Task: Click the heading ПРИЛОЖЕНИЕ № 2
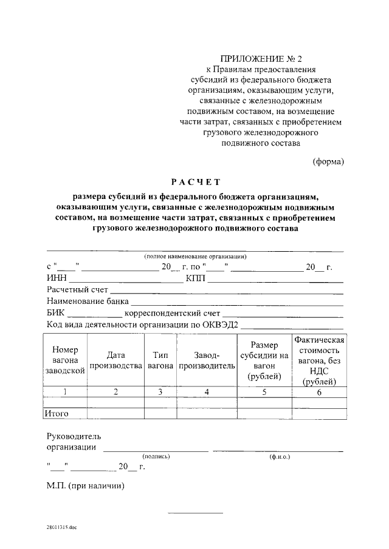(x=261, y=59)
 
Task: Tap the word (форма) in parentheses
(x=329, y=161)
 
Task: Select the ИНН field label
(x=57, y=278)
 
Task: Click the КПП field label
(x=196, y=278)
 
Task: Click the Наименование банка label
(x=88, y=301)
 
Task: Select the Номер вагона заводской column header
(x=65, y=360)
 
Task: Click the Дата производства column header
(x=115, y=360)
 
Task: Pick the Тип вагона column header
(x=160, y=360)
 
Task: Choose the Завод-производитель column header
(x=207, y=360)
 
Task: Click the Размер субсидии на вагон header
(x=264, y=360)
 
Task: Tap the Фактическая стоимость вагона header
(x=319, y=360)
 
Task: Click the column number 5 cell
(x=264, y=392)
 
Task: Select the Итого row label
(x=56, y=414)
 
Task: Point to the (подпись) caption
(x=156, y=456)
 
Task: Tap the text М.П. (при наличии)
(x=86, y=486)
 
